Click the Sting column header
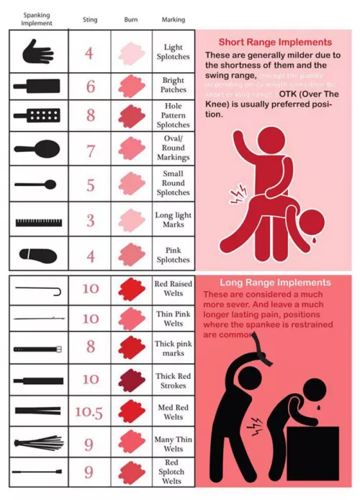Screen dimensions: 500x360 90,19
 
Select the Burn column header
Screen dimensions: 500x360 131,19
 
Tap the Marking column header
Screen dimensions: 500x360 173,19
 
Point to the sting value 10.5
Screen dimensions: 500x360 90,413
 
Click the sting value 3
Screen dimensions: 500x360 90,220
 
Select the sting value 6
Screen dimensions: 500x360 90,86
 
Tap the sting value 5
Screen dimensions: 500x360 90,185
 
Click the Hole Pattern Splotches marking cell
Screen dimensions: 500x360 173,115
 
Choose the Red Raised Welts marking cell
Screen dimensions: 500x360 173,289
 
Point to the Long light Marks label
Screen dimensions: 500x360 173,220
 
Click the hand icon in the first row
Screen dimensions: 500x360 38,52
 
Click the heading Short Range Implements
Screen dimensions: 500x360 275,43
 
